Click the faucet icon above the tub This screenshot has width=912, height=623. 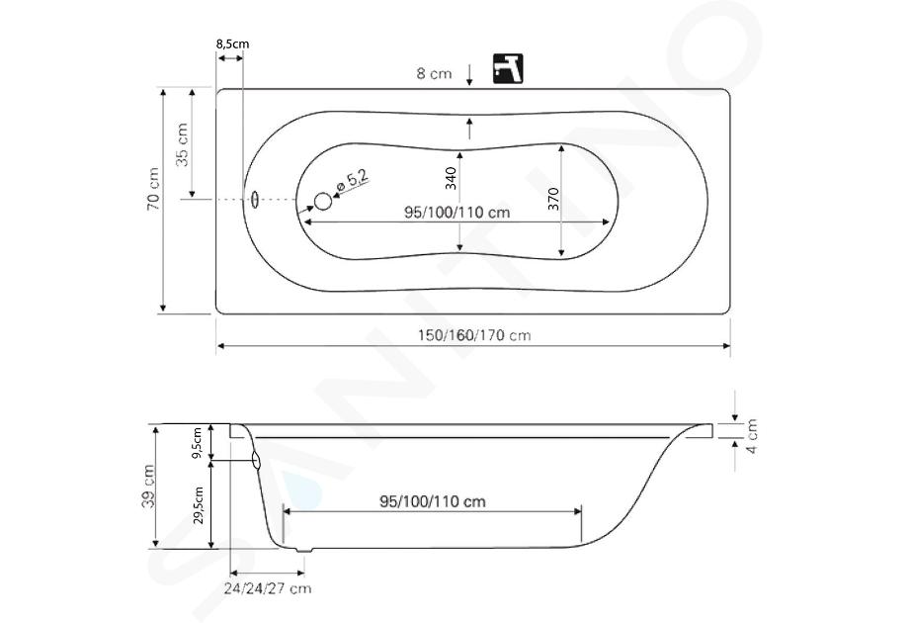pyautogui.click(x=508, y=68)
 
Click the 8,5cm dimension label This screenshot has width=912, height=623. pyautogui.click(x=232, y=44)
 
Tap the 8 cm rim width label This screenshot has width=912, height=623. pyautogui.click(x=434, y=74)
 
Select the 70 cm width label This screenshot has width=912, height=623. pyautogui.click(x=153, y=189)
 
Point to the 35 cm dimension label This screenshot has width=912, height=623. pyautogui.click(x=183, y=145)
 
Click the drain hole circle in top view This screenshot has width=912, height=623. pyautogui.click(x=323, y=202)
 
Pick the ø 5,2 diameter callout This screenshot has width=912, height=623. pyautogui.click(x=353, y=182)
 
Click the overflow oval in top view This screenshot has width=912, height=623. pyautogui.click(x=254, y=200)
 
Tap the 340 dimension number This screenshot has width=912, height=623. pyautogui.click(x=451, y=178)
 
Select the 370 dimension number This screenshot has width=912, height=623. pyautogui.click(x=553, y=199)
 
